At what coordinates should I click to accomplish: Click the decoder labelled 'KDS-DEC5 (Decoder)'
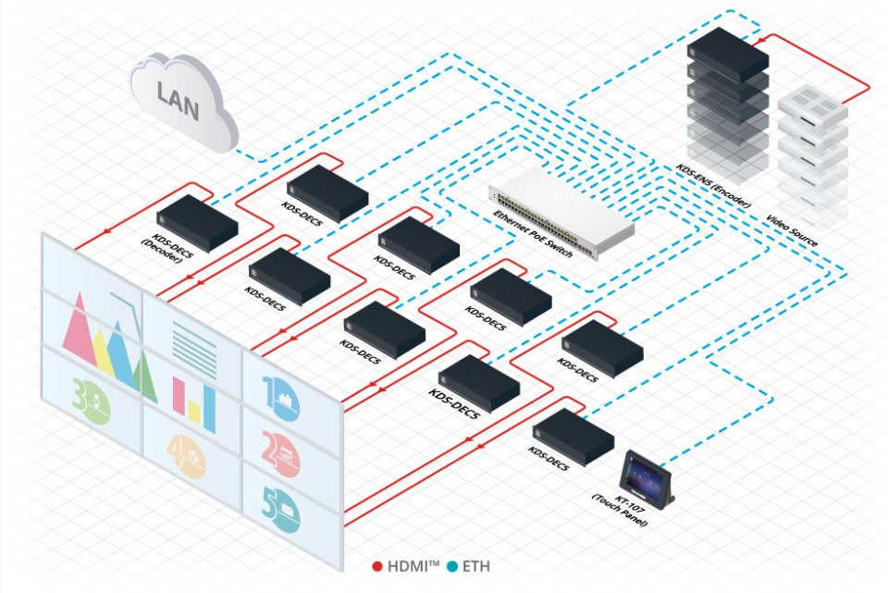coord(195,222)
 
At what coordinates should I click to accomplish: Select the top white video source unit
coord(812,106)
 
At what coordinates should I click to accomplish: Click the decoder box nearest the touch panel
coord(573,435)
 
